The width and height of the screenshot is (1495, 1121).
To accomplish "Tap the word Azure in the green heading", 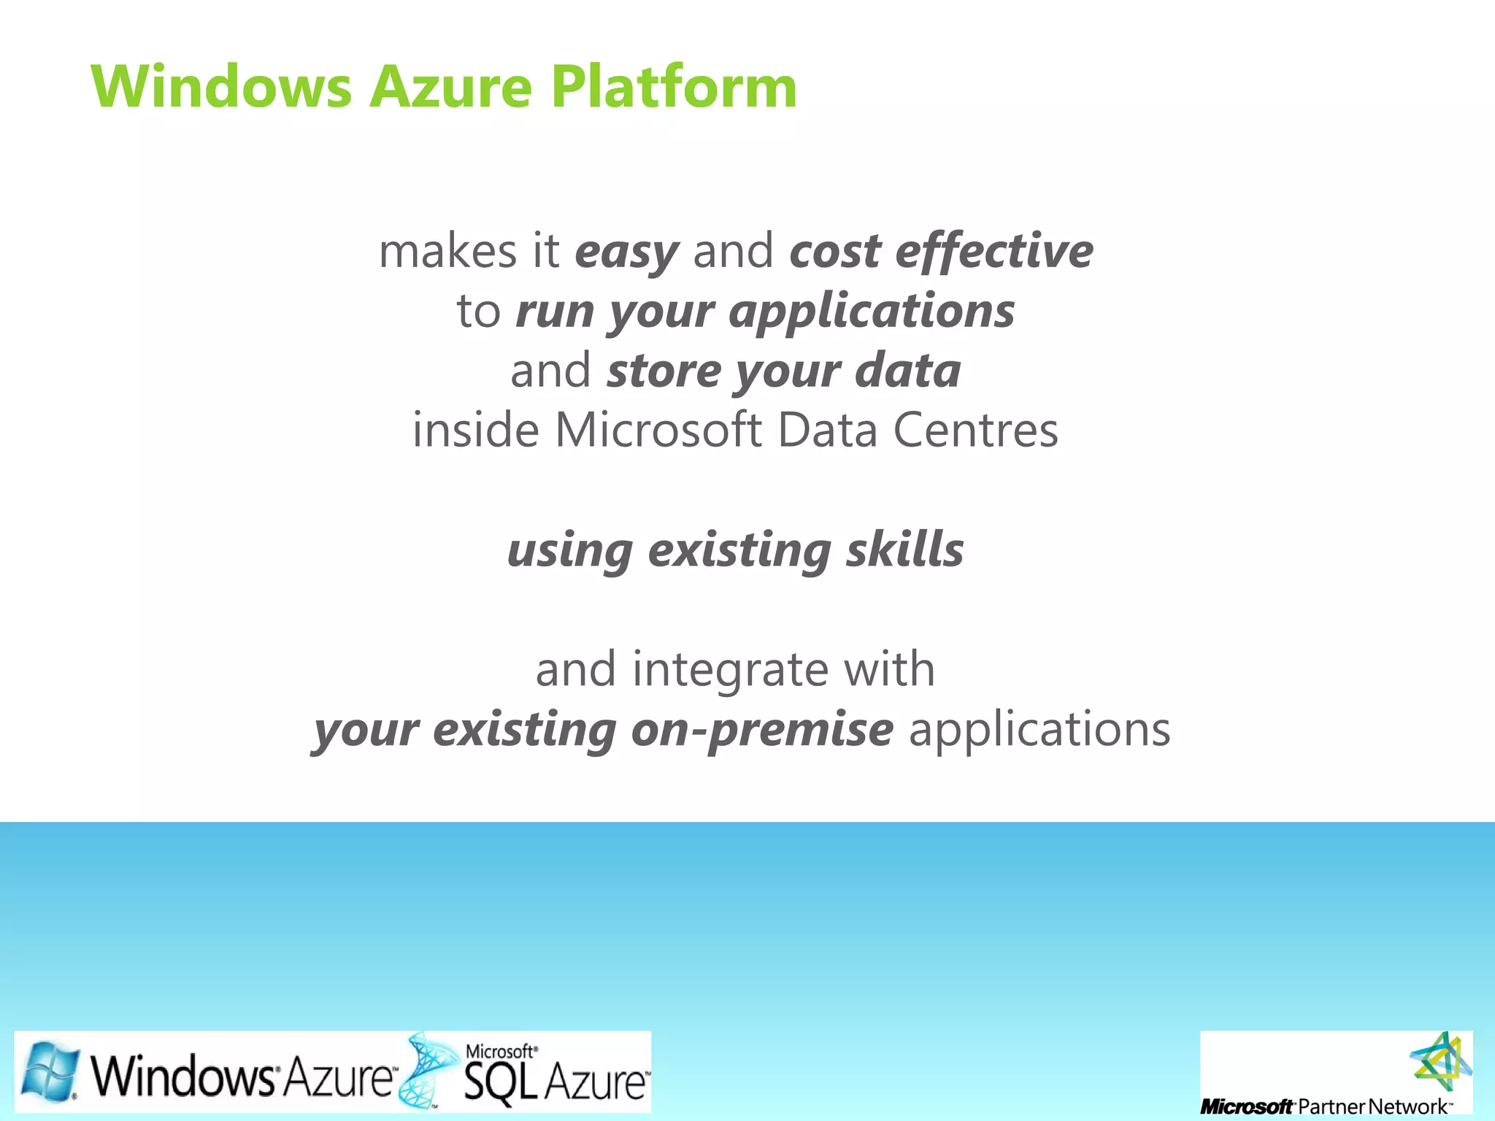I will pyautogui.click(x=450, y=88).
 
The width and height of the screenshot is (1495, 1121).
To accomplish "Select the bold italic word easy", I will pyautogui.click(x=626, y=253).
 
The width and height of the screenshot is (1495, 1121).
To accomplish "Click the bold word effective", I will pyautogui.click(x=994, y=251).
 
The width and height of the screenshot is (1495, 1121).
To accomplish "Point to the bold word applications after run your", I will pyautogui.click(x=872, y=312).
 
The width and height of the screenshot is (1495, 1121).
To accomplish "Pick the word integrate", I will pyautogui.click(x=730, y=670).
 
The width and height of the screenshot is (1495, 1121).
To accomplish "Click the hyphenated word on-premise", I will pyautogui.click(x=761, y=729).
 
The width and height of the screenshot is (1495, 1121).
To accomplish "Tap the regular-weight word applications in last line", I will pyautogui.click(x=1039, y=729).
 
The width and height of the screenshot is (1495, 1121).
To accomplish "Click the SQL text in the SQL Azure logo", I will pyautogui.click(x=499, y=1082).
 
